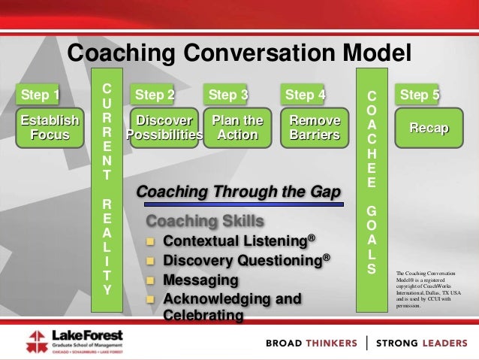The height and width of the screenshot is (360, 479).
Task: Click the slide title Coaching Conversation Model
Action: pyautogui.click(x=239, y=53)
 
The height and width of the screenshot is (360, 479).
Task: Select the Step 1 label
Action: pyautogui.click(x=41, y=95)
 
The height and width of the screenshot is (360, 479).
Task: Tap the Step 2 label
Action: pyautogui.click(x=154, y=95)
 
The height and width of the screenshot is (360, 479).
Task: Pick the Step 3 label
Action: pyautogui.click(x=228, y=95)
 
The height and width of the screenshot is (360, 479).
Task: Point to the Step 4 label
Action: pyautogui.click(x=305, y=95)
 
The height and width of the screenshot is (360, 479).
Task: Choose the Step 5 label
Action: pyautogui.click(x=420, y=95)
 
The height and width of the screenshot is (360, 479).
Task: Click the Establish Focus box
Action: pyautogui.click(x=50, y=128)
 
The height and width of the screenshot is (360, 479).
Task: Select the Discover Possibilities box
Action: pyautogui.click(x=164, y=128)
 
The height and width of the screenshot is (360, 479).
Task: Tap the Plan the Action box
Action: pyautogui.click(x=238, y=128)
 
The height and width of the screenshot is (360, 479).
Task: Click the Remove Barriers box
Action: pyautogui.click(x=315, y=128)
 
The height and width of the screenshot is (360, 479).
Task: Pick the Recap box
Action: pyautogui.click(x=429, y=129)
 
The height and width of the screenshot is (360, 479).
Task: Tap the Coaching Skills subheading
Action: pyautogui.click(x=205, y=222)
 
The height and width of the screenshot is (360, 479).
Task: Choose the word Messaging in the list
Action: pyautogui.click(x=200, y=280)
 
